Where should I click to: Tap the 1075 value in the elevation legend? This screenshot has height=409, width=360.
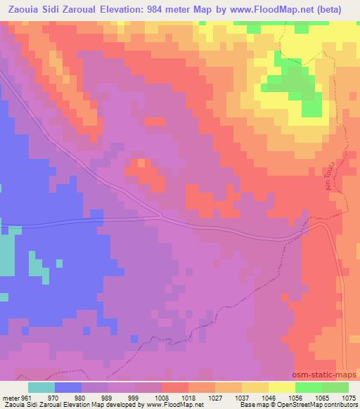click(x=349, y=397)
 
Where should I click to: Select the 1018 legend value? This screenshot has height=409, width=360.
click(x=189, y=397)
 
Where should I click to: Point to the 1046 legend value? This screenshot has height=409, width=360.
click(x=269, y=397)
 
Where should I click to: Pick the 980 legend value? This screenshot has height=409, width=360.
click(x=82, y=397)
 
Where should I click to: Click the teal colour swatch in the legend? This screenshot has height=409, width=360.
click(x=41, y=387)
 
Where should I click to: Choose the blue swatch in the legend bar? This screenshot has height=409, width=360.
click(x=68, y=387)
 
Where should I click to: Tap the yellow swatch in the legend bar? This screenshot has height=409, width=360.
click(x=281, y=387)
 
